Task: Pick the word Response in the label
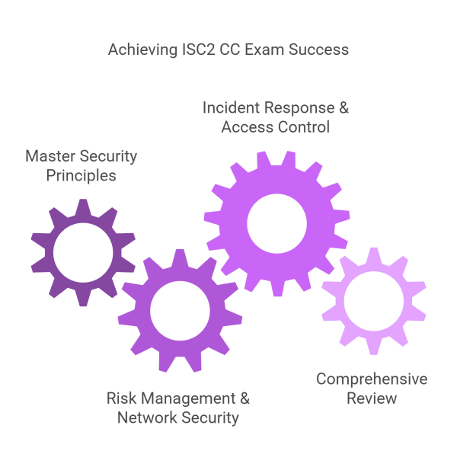[x=298, y=107]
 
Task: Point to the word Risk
[x=120, y=398]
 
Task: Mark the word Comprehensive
[x=372, y=379]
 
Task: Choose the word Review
[x=371, y=398]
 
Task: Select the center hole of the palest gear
[x=372, y=302]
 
